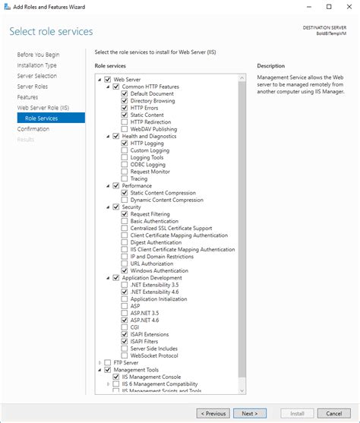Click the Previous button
[x=213, y=413]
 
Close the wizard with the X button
[x=349, y=7]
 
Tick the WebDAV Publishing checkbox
[x=125, y=129]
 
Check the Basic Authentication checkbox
[x=125, y=221]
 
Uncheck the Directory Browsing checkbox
[x=125, y=100]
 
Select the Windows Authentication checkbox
[x=125, y=270]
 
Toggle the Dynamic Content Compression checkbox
[x=125, y=200]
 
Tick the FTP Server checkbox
[x=107, y=362]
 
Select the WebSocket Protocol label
[x=155, y=355]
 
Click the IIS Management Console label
[x=155, y=377]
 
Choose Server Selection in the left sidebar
[x=36, y=76]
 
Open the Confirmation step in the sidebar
[x=33, y=129]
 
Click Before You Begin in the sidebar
[x=38, y=55]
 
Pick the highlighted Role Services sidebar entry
[x=41, y=118]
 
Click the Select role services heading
[x=51, y=32]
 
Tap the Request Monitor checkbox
[x=125, y=172]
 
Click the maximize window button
[x=328, y=7]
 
